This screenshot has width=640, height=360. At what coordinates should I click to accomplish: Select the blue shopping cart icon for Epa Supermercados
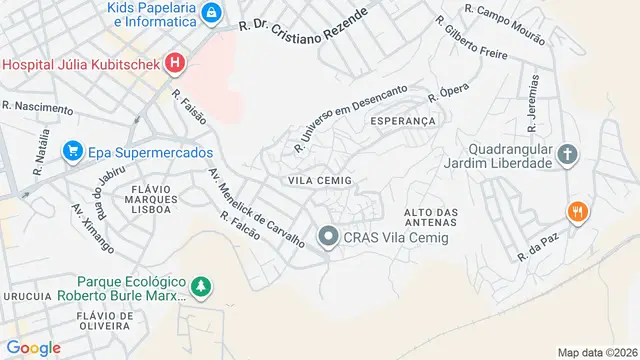tap(72, 152)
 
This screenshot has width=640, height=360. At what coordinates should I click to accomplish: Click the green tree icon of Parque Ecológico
tap(202, 288)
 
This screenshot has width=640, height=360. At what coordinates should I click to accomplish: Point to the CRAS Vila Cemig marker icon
tap(328, 237)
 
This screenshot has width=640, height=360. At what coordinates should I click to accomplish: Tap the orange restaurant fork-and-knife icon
tap(577, 212)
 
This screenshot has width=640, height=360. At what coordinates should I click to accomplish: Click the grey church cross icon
tap(568, 154)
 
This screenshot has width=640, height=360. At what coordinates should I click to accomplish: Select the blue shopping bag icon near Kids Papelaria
tap(211, 13)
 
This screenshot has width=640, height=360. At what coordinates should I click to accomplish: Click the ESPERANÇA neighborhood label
tap(404, 121)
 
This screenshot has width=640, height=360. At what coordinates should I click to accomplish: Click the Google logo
tap(32, 347)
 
